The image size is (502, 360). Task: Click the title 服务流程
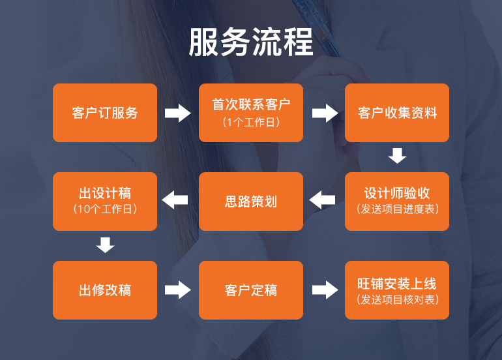click(251, 42)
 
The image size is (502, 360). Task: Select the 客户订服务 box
click(105, 113)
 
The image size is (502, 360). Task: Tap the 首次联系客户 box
click(251, 112)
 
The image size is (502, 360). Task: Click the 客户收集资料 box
click(397, 113)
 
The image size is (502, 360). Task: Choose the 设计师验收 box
click(397, 201)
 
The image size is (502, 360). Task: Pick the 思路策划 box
click(251, 202)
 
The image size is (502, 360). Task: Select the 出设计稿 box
click(105, 201)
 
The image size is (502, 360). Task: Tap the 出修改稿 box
click(105, 290)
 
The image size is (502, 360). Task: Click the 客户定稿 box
click(251, 290)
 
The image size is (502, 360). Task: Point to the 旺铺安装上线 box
click(397, 290)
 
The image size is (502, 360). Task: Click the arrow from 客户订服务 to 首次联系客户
click(178, 113)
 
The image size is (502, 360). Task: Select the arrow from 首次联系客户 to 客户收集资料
click(325, 113)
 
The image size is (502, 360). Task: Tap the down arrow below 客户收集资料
click(397, 156)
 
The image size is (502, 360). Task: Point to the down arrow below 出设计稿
click(105, 245)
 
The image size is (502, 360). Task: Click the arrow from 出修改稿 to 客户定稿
click(178, 290)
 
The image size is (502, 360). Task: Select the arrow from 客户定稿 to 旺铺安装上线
click(325, 290)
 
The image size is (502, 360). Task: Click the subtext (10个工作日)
click(105, 209)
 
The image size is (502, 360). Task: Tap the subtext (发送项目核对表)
click(397, 300)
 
